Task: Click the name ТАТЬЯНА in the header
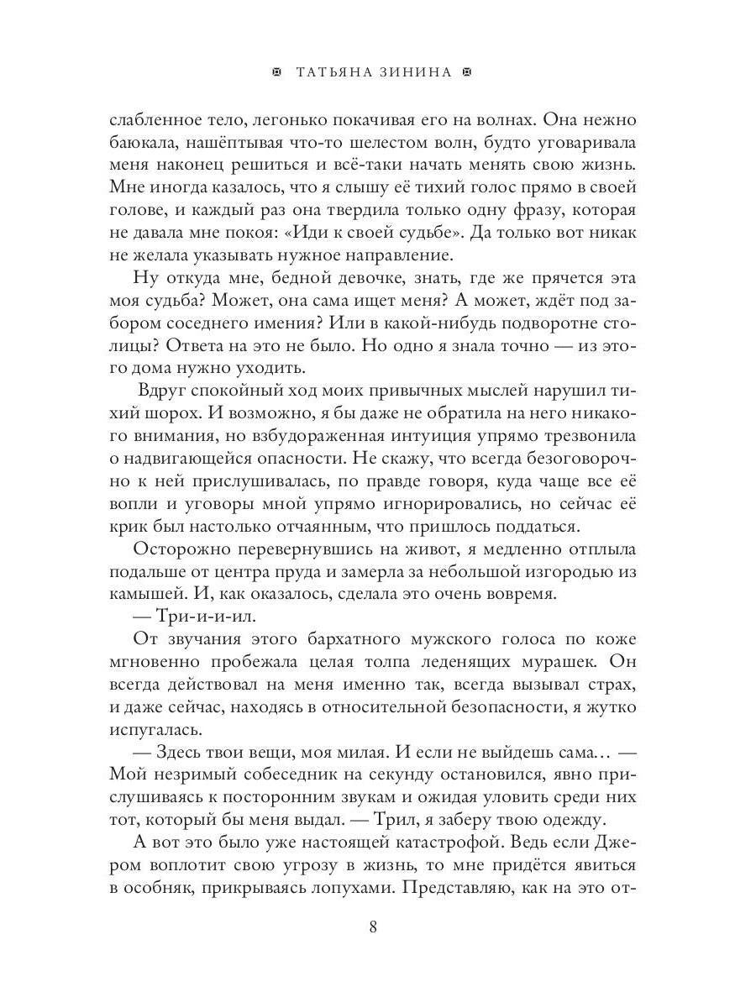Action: coord(334,73)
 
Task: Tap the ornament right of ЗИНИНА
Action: coord(468,73)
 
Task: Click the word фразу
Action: coord(497,208)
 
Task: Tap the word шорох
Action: coord(162,412)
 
